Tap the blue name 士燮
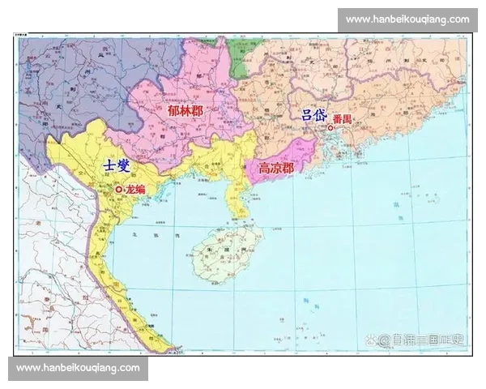coord(116,165)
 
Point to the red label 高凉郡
coord(276,169)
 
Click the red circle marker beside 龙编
coord(118,189)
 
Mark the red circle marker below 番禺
coord(330,127)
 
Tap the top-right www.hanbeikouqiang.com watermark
coord(407,19)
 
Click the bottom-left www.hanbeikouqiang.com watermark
coord(78,368)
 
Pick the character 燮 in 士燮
coord(126,165)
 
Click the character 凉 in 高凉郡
coord(276,169)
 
